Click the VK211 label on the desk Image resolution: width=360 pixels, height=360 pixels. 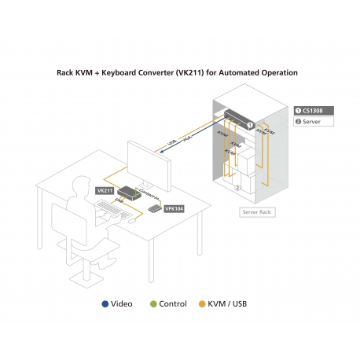[x=105, y=190]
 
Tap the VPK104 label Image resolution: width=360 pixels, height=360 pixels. [x=174, y=209]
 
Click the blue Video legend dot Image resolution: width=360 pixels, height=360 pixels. [x=105, y=303]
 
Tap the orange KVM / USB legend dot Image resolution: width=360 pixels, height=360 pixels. [x=202, y=303]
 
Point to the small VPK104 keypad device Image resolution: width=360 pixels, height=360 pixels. [x=153, y=208]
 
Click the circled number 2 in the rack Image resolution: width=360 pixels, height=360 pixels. [x=238, y=189]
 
